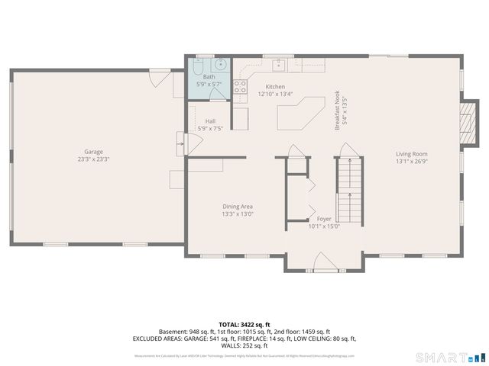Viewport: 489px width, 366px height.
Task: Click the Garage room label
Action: pos(93,152)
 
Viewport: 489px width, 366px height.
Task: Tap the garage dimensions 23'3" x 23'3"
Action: pos(93,159)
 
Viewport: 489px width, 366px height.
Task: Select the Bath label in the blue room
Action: pos(209,77)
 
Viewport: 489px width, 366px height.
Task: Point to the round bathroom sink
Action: pos(219,65)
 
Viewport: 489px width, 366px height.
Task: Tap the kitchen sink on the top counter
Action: pos(280,63)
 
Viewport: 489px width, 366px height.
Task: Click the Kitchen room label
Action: pos(275,86)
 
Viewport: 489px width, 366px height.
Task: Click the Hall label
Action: pos(210,121)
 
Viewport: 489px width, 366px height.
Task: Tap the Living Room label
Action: pos(410,153)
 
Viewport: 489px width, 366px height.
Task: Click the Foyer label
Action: pos(324,219)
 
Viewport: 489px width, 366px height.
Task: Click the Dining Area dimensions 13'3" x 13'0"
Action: pos(238,214)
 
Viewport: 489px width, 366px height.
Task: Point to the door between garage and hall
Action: pos(181,143)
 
